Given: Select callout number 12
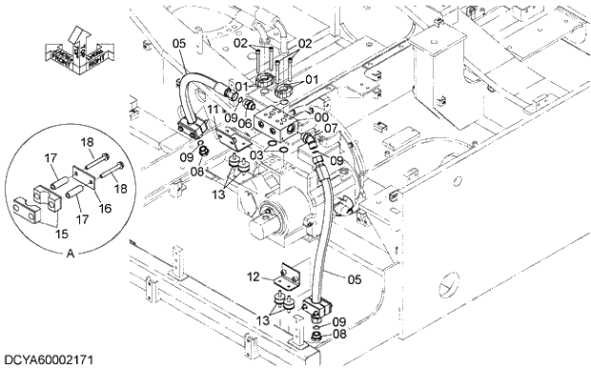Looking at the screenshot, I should tap(253, 277).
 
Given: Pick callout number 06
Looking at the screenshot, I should tap(245, 124).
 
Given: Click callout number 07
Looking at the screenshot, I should tap(330, 128).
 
